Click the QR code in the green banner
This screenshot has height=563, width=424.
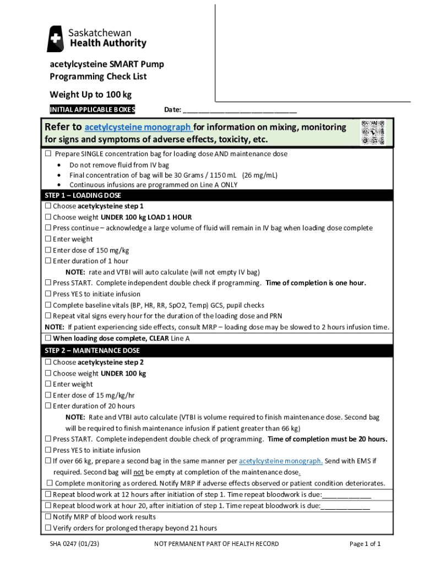coord(373,133)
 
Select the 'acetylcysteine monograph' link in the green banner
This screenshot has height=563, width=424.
coord(138,128)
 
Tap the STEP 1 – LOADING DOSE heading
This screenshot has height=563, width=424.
coord(83,195)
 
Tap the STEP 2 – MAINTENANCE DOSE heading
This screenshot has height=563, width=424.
coord(93,350)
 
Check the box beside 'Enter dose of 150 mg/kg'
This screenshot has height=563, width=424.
coord(48,250)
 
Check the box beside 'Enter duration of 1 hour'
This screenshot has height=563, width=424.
coord(48,261)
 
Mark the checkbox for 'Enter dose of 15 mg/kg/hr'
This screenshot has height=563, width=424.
coord(48,395)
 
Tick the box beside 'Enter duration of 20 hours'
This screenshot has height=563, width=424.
coord(48,406)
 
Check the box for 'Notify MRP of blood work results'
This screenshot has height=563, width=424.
coord(48,517)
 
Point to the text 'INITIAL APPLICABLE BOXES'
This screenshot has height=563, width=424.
coord(92,109)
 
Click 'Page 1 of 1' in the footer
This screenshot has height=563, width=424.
coord(365,544)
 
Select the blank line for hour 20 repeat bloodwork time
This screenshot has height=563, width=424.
coord(345,506)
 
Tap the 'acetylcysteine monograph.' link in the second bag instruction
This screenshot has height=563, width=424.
coord(281,461)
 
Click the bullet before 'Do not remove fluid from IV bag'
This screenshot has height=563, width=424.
coord(59,165)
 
